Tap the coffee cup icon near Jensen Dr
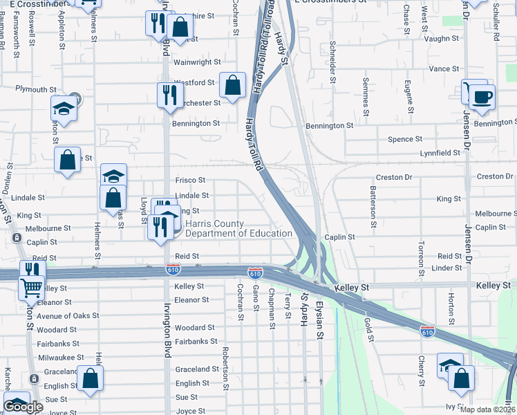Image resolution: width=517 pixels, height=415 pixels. pos(482,96)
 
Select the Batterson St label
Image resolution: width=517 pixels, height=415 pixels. pos(373,206)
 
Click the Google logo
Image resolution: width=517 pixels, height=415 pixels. pos(23,407)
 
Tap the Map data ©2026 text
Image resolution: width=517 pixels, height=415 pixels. pos(488,409)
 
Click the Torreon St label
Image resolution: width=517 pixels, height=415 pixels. pos(421,257)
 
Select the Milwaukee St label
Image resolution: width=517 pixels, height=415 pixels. pos(61,358)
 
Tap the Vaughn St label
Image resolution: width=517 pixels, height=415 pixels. pos(443,39)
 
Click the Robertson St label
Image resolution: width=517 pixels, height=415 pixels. pos(225,369)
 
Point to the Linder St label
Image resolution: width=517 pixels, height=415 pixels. pos(446,268)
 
